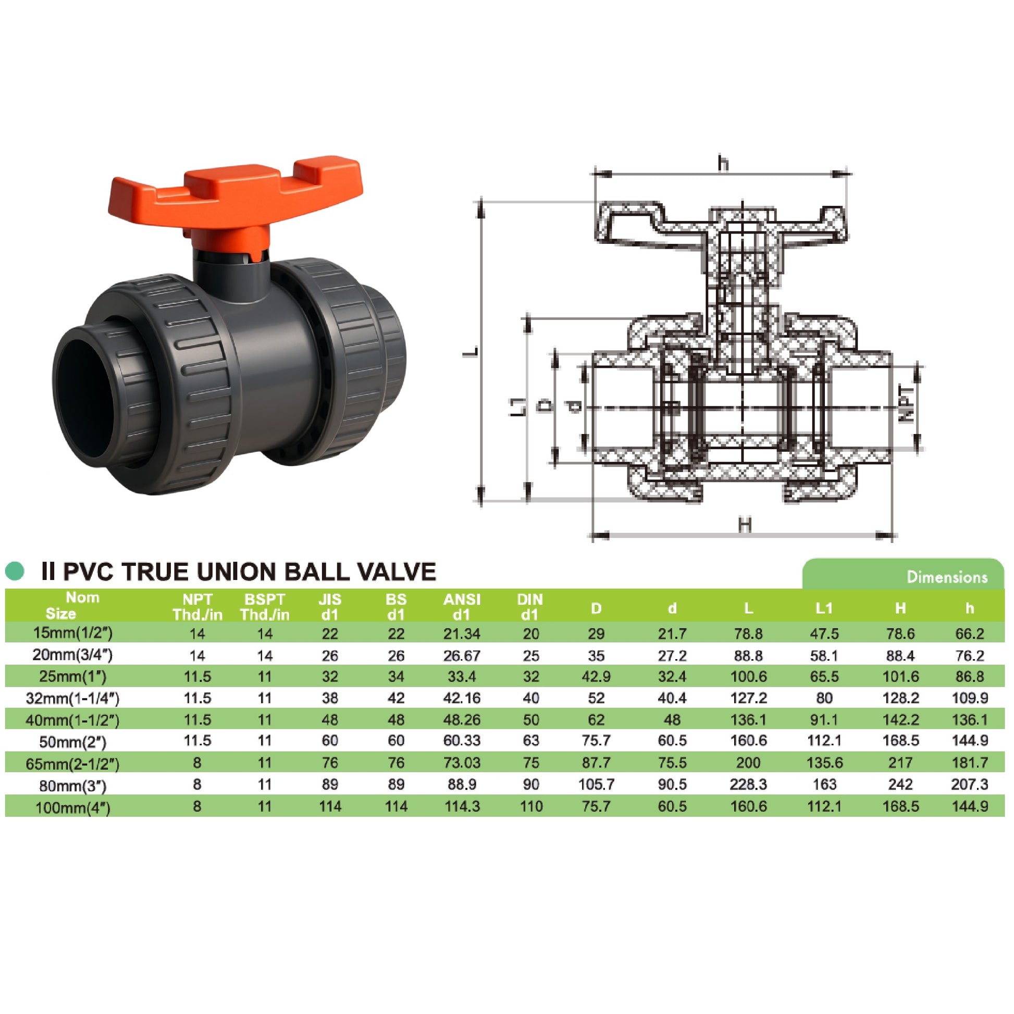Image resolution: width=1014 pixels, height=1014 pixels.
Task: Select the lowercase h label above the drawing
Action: click(724, 164)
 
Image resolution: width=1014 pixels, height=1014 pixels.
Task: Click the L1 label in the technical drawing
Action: click(517, 407)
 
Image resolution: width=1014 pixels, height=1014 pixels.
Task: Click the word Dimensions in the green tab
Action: click(947, 577)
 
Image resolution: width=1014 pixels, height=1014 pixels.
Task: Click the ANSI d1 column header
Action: click(461, 607)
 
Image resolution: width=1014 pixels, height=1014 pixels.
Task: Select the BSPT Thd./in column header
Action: click(265, 607)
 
